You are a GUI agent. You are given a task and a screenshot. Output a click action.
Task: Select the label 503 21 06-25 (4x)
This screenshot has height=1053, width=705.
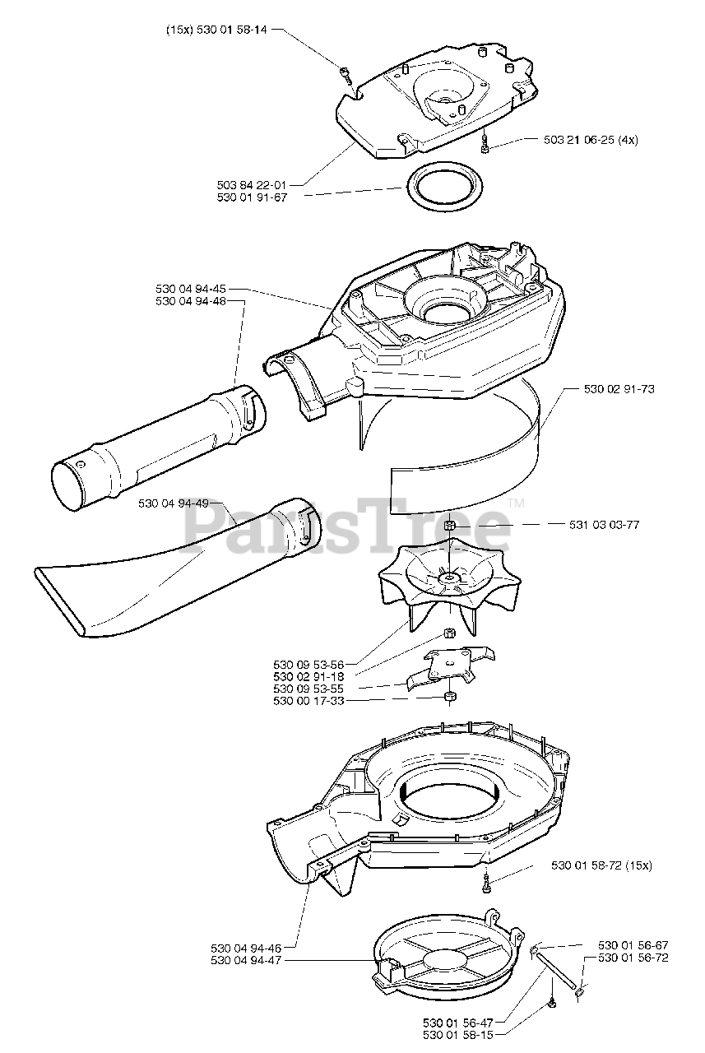pyautogui.click(x=591, y=140)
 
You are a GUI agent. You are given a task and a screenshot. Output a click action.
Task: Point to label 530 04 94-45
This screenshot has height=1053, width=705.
pyautogui.click(x=190, y=289)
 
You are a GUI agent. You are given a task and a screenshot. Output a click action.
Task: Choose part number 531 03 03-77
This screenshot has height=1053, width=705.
pyautogui.click(x=604, y=523)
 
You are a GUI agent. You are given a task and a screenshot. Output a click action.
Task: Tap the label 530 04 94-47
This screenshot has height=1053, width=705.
pyautogui.click(x=247, y=960)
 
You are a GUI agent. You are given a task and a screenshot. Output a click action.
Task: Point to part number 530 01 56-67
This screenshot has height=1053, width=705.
pyautogui.click(x=633, y=945)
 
